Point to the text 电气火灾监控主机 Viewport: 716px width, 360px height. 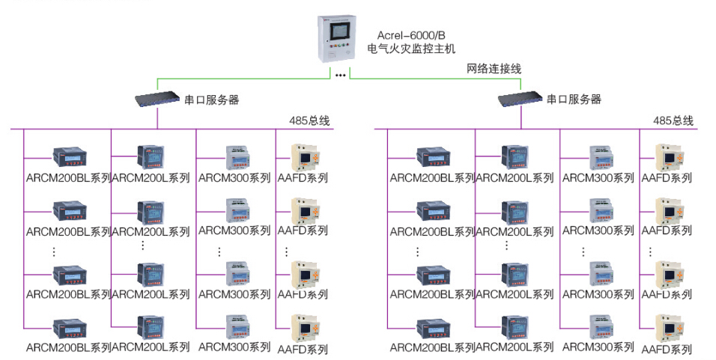pos(411,49)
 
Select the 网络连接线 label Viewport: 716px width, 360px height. pos(494,68)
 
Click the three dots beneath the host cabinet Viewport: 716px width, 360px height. pos(340,75)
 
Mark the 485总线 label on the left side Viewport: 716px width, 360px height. pos(309,120)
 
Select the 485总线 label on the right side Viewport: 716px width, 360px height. pos(673,120)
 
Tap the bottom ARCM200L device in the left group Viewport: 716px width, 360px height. pos(150,327)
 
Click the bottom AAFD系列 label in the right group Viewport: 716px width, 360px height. pos(667,348)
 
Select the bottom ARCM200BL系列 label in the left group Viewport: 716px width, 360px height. pos(68,347)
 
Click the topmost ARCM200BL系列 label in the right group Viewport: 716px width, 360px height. pos(432,178)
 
